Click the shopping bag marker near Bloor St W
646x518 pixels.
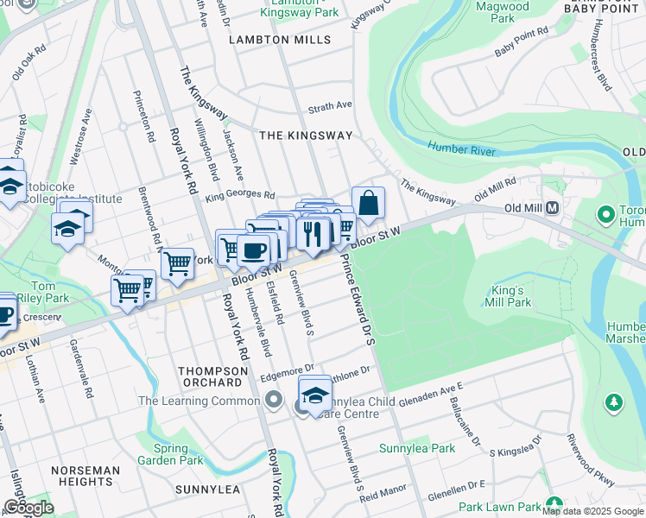(368, 205)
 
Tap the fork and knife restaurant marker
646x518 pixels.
(313, 232)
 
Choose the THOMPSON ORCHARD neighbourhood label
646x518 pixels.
(210, 376)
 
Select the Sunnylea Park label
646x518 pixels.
(417, 449)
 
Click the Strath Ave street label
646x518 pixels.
(331, 106)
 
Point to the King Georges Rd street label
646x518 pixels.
(239, 196)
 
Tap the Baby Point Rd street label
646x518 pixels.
(522, 43)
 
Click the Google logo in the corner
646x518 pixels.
(28, 507)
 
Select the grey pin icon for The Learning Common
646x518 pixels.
(275, 400)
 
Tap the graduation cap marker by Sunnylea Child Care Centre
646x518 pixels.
(315, 395)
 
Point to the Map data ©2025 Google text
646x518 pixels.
(592, 511)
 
